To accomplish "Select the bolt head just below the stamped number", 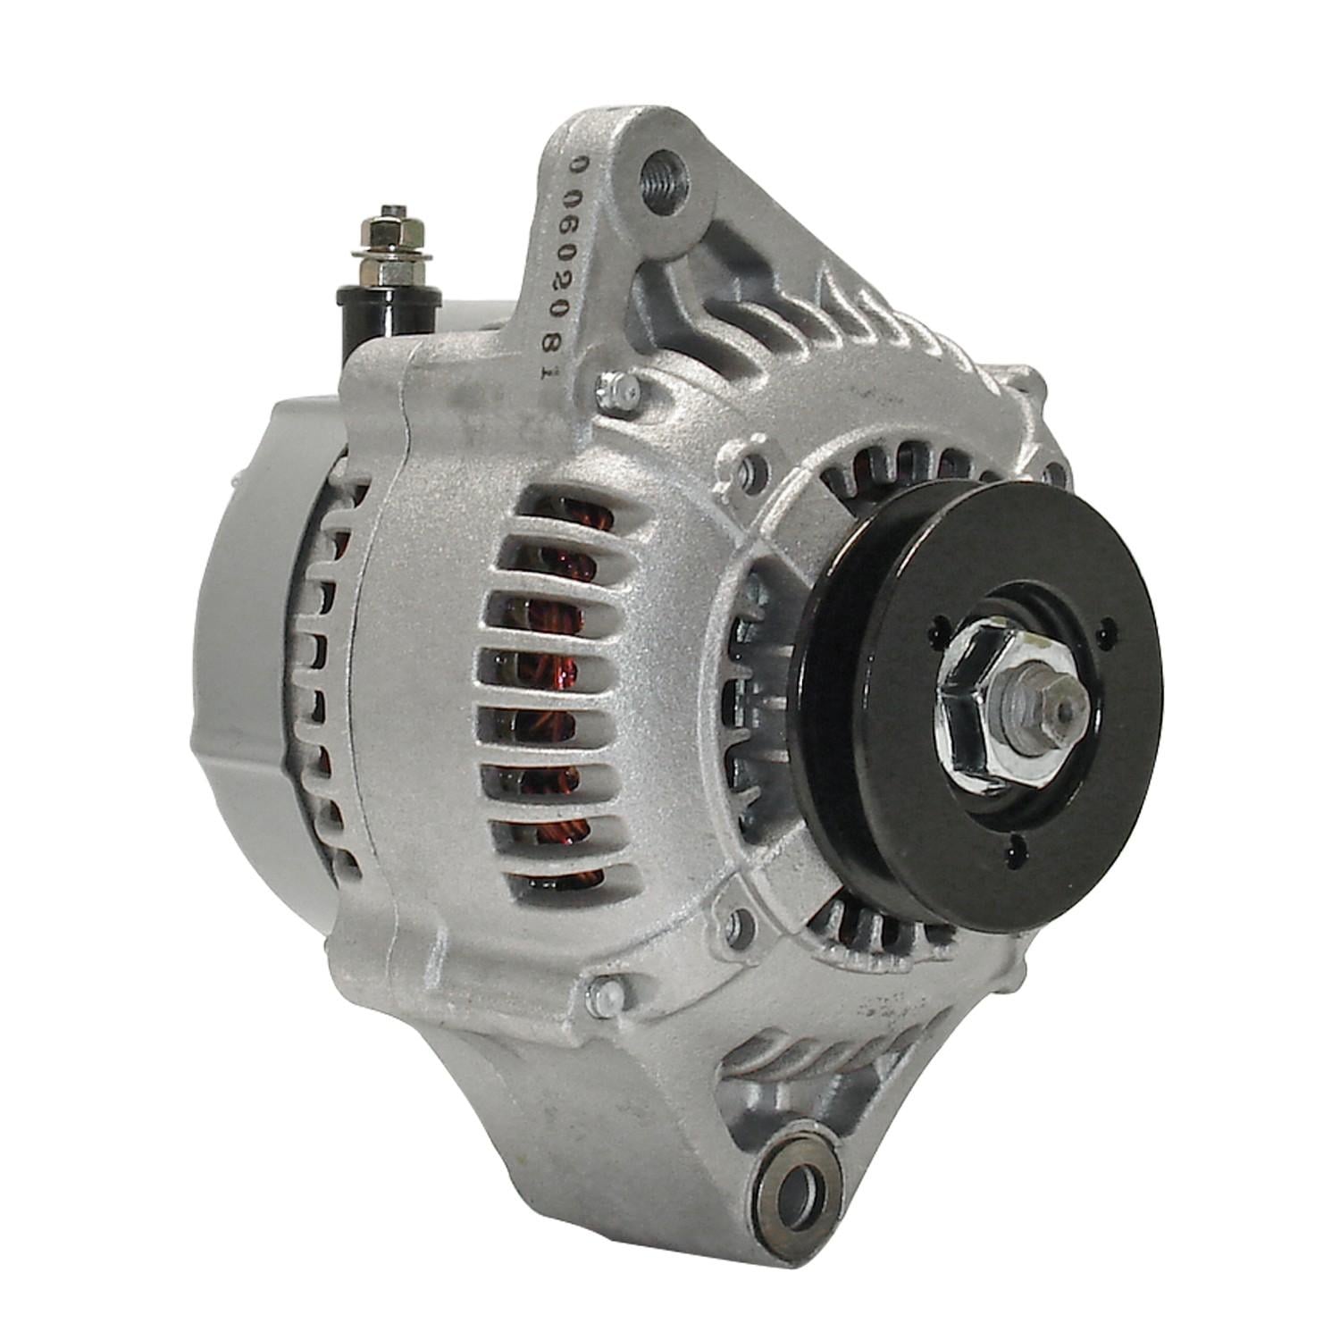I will [x=618, y=389].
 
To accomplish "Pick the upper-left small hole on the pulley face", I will [x=937, y=625].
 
